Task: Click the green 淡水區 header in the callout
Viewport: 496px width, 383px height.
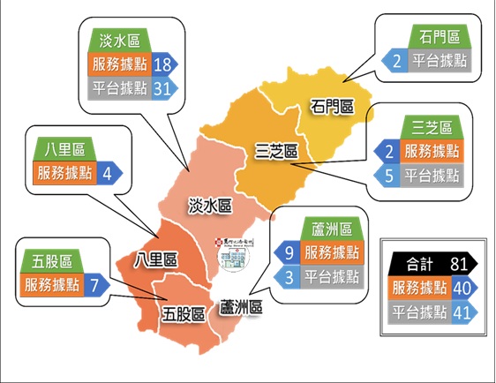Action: (120, 40)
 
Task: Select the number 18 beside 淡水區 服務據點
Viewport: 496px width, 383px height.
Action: (162, 64)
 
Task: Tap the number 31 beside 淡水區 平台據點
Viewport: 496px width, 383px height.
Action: (162, 88)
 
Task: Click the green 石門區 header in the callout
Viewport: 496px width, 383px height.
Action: (439, 37)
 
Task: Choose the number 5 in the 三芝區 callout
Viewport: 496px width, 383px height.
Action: (388, 176)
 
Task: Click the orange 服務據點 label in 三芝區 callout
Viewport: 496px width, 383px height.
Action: (431, 152)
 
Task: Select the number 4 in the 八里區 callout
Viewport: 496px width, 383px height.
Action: (106, 172)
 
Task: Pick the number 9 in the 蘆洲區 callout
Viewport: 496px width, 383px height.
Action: (288, 253)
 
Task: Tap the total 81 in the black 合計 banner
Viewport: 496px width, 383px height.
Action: (456, 262)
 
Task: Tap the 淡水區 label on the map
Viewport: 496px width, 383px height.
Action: (210, 206)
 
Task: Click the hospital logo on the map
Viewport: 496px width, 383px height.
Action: (233, 254)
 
